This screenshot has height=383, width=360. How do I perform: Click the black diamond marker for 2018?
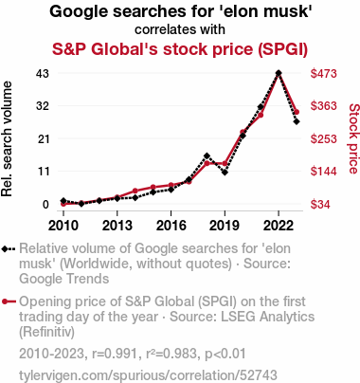pos(207,155)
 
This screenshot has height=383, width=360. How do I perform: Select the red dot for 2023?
pos(297,112)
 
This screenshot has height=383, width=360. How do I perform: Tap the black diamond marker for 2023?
pos(297,121)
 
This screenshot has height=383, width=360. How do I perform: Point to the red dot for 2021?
pos(261,115)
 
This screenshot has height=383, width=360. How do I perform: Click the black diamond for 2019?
pos(225,173)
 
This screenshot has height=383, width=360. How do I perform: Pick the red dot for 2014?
pos(135,191)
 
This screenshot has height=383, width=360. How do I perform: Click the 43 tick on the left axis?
pos(43,74)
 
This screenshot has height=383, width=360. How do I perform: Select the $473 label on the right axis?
pos(324,74)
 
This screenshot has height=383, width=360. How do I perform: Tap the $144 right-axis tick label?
pos(324,172)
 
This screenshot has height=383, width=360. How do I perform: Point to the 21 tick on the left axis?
pos(44,138)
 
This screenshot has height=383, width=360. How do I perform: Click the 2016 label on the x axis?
pos(171,226)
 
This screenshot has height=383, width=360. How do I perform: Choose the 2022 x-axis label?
pos(279,226)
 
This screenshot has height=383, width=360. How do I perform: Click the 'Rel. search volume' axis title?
pos(7,138)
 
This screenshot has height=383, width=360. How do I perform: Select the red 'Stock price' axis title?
pos(354,138)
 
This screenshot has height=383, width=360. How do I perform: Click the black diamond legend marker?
pos(9,249)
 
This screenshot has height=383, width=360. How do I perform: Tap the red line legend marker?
pos(9,301)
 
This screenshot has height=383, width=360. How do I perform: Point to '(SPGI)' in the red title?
pos(282,49)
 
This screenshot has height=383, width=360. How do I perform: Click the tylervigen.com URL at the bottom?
pos(148,375)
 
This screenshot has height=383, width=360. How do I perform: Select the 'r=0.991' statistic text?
pos(115,354)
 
